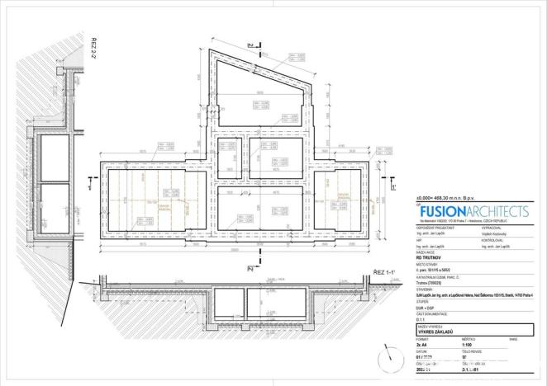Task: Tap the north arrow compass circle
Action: coord(391,355)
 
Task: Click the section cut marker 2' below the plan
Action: coord(248,270)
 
